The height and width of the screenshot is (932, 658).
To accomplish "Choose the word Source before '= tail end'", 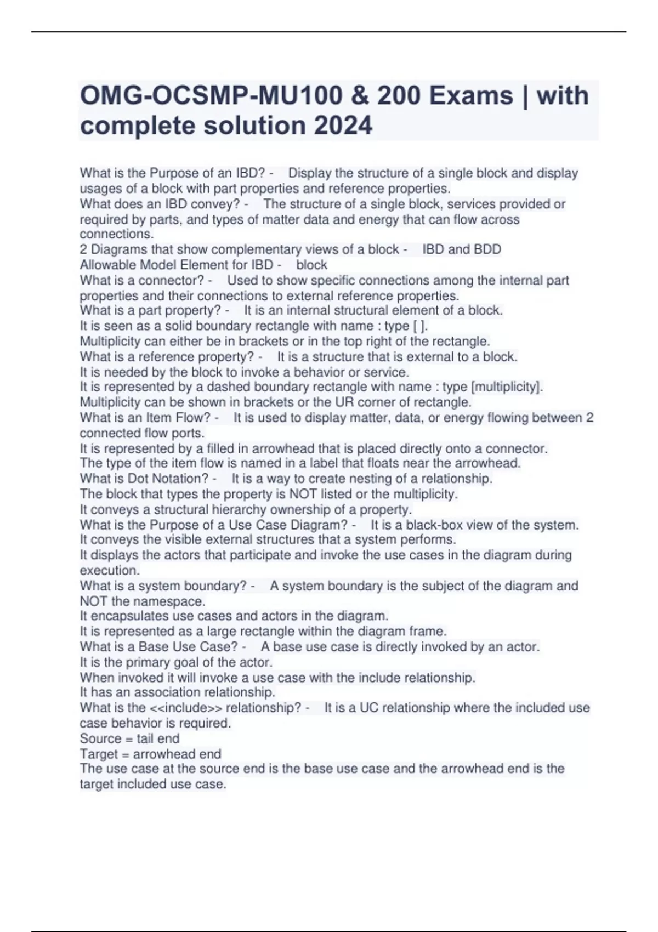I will click(x=100, y=738).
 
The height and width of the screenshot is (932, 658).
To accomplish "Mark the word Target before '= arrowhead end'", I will click(x=99, y=754).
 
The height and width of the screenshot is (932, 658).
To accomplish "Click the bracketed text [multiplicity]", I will click(x=507, y=387).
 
